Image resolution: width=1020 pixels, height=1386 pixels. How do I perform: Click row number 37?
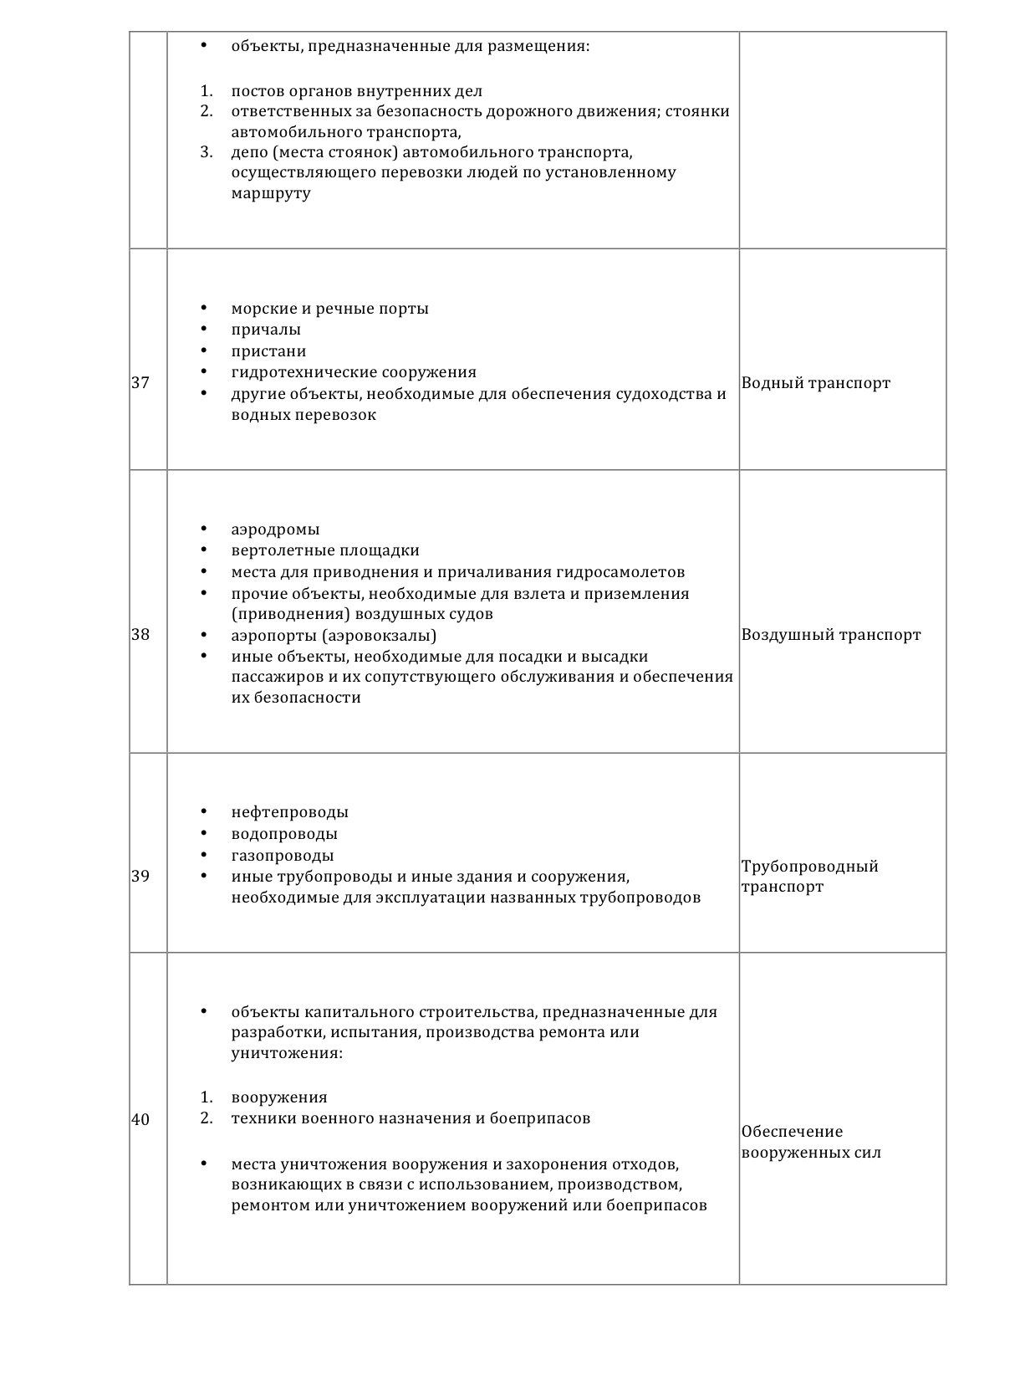pyautogui.click(x=140, y=383)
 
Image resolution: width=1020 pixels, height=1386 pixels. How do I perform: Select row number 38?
pyautogui.click(x=140, y=635)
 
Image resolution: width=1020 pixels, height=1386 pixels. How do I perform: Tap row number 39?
pyautogui.click(x=140, y=877)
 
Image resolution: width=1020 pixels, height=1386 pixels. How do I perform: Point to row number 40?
pyautogui.click(x=140, y=1120)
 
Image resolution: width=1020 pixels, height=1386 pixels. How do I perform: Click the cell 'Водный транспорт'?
pyautogui.click(x=815, y=383)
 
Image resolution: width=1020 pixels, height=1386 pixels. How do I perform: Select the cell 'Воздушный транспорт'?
pyautogui.click(x=830, y=635)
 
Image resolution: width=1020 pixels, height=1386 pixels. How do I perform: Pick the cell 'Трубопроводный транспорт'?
pyautogui.click(x=809, y=877)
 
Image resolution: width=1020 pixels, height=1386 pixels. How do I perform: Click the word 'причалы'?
pyautogui.click(x=266, y=330)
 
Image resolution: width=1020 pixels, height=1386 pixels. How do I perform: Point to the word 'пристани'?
pyautogui.click(x=268, y=351)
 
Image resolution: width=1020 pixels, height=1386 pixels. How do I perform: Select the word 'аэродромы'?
pyautogui.click(x=275, y=529)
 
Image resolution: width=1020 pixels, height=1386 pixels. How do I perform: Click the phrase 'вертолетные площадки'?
pyautogui.click(x=325, y=550)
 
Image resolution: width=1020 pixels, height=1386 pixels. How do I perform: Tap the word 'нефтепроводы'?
pyautogui.click(x=289, y=812)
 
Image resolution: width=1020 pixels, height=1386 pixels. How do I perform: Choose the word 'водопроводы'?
pyautogui.click(x=284, y=834)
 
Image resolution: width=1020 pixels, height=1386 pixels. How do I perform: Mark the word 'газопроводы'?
pyautogui.click(x=283, y=856)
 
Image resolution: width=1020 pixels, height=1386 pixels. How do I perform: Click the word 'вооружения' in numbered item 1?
pyautogui.click(x=279, y=1097)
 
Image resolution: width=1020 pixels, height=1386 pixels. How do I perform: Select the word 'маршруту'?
pyautogui.click(x=271, y=193)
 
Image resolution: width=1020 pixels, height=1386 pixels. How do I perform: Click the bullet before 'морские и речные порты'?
pyautogui.click(x=204, y=309)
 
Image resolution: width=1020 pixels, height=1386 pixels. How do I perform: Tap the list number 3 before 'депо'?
pyautogui.click(x=207, y=152)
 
